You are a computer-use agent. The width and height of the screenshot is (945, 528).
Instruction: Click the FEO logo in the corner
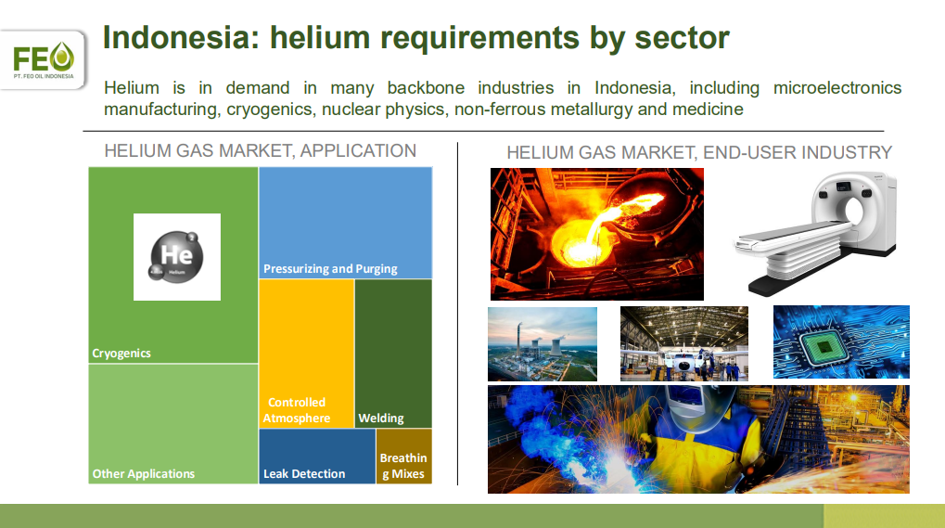tap(44, 59)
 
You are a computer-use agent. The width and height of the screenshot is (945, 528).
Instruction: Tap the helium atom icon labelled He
tap(176, 257)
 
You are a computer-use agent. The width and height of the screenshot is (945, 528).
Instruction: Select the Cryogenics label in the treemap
tap(121, 354)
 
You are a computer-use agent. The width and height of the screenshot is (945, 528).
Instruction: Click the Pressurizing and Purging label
tap(330, 269)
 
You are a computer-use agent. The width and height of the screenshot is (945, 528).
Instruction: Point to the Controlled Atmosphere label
tap(297, 410)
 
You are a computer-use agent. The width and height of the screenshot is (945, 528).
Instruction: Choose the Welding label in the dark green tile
tap(381, 418)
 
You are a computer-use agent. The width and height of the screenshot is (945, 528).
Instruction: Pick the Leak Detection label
tap(304, 474)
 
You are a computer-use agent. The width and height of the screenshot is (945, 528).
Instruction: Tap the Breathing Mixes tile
tap(403, 457)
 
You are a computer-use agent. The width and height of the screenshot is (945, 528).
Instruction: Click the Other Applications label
tap(144, 474)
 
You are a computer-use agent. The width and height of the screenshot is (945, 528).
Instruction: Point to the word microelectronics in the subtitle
tap(837, 88)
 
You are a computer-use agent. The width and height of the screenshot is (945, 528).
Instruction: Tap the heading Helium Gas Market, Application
tap(261, 150)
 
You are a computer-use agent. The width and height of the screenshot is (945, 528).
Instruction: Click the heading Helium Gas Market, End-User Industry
tap(699, 152)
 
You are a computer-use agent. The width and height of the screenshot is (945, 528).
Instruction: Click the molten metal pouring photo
tap(596, 234)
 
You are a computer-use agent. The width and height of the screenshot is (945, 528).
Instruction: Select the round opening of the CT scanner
tap(853, 211)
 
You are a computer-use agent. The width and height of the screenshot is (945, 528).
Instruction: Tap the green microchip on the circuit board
tap(825, 345)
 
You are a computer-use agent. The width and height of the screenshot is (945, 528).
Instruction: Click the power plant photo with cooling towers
tap(543, 344)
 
